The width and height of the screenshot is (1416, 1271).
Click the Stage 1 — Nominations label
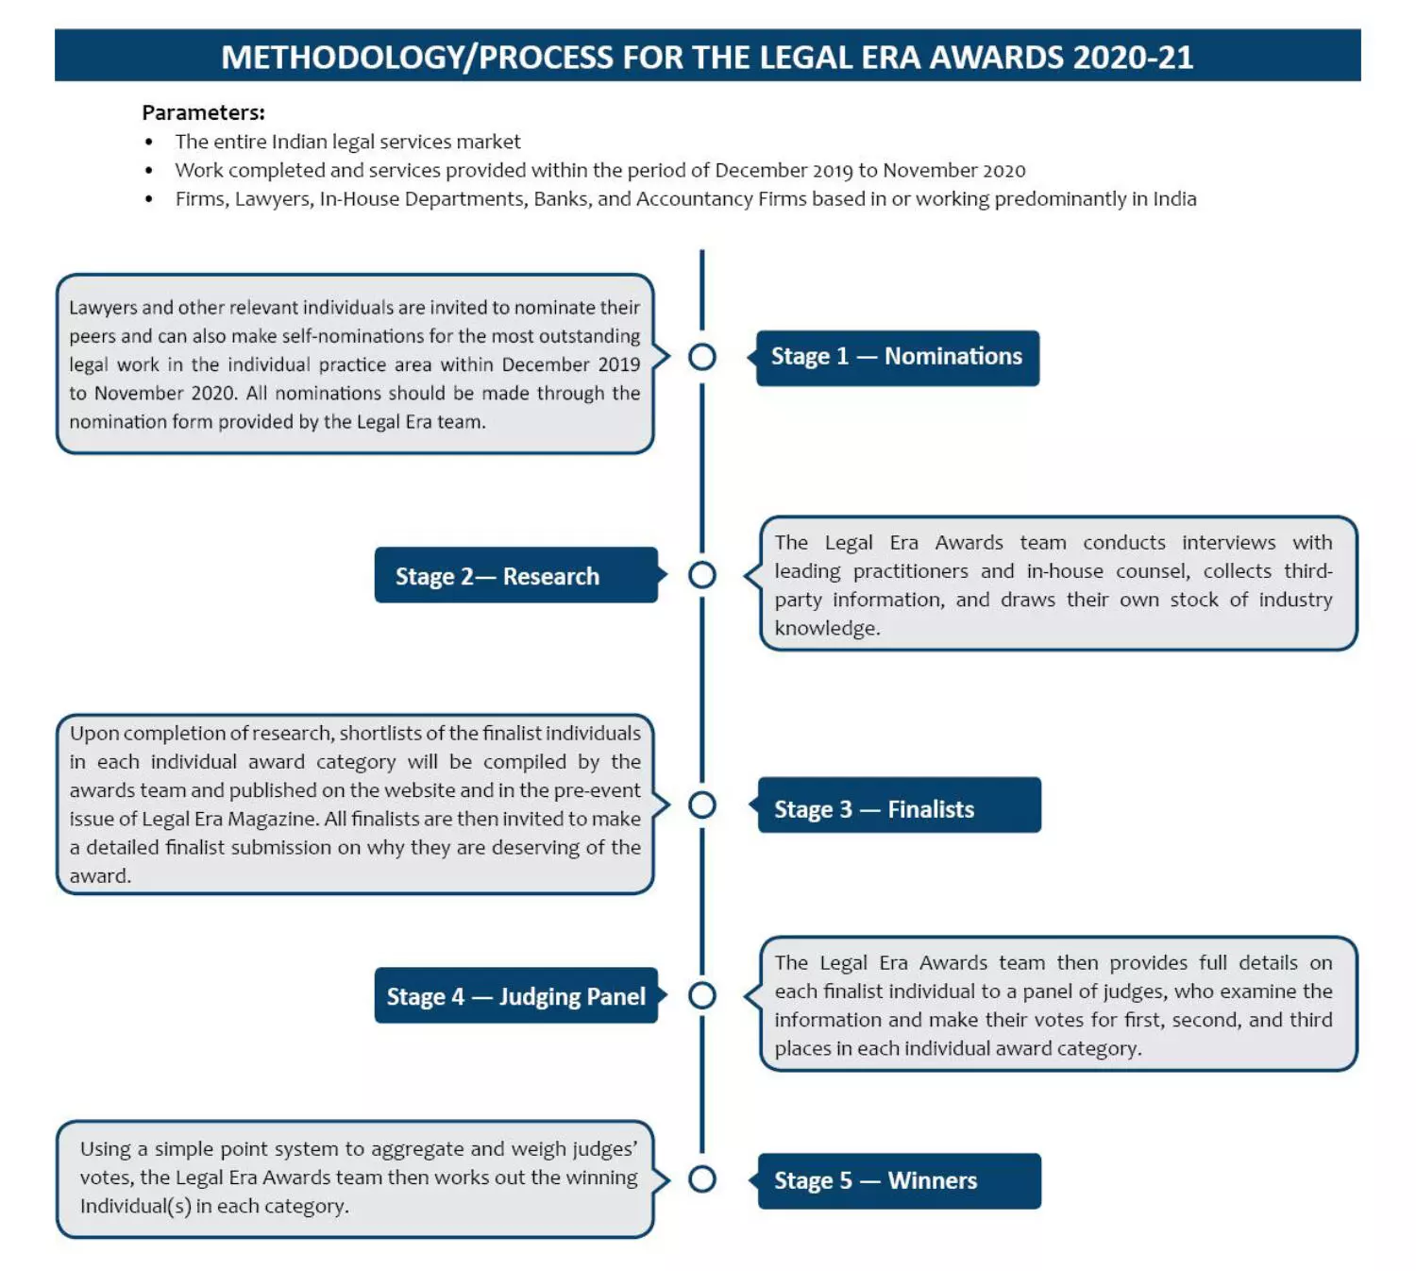tap(896, 357)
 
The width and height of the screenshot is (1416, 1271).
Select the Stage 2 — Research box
tap(515, 575)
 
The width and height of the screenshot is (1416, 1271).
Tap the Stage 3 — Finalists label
tap(899, 807)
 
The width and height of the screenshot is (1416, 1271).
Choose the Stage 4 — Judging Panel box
tap(515, 996)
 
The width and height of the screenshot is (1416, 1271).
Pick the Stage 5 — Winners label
tap(899, 1180)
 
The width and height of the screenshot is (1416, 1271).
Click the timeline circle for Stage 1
tap(701, 357)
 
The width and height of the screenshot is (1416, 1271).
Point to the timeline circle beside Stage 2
tap(701, 574)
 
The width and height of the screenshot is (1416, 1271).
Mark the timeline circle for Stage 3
tap(701, 805)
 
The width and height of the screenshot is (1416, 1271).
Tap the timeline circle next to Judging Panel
tap(701, 995)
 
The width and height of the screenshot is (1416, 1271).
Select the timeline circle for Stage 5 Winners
tap(701, 1178)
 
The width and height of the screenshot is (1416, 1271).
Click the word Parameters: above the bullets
tap(203, 112)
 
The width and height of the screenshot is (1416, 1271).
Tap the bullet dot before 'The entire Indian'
tap(149, 143)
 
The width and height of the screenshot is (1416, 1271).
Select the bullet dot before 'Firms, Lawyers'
tap(149, 199)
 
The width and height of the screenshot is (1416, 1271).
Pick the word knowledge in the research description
tap(827, 628)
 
